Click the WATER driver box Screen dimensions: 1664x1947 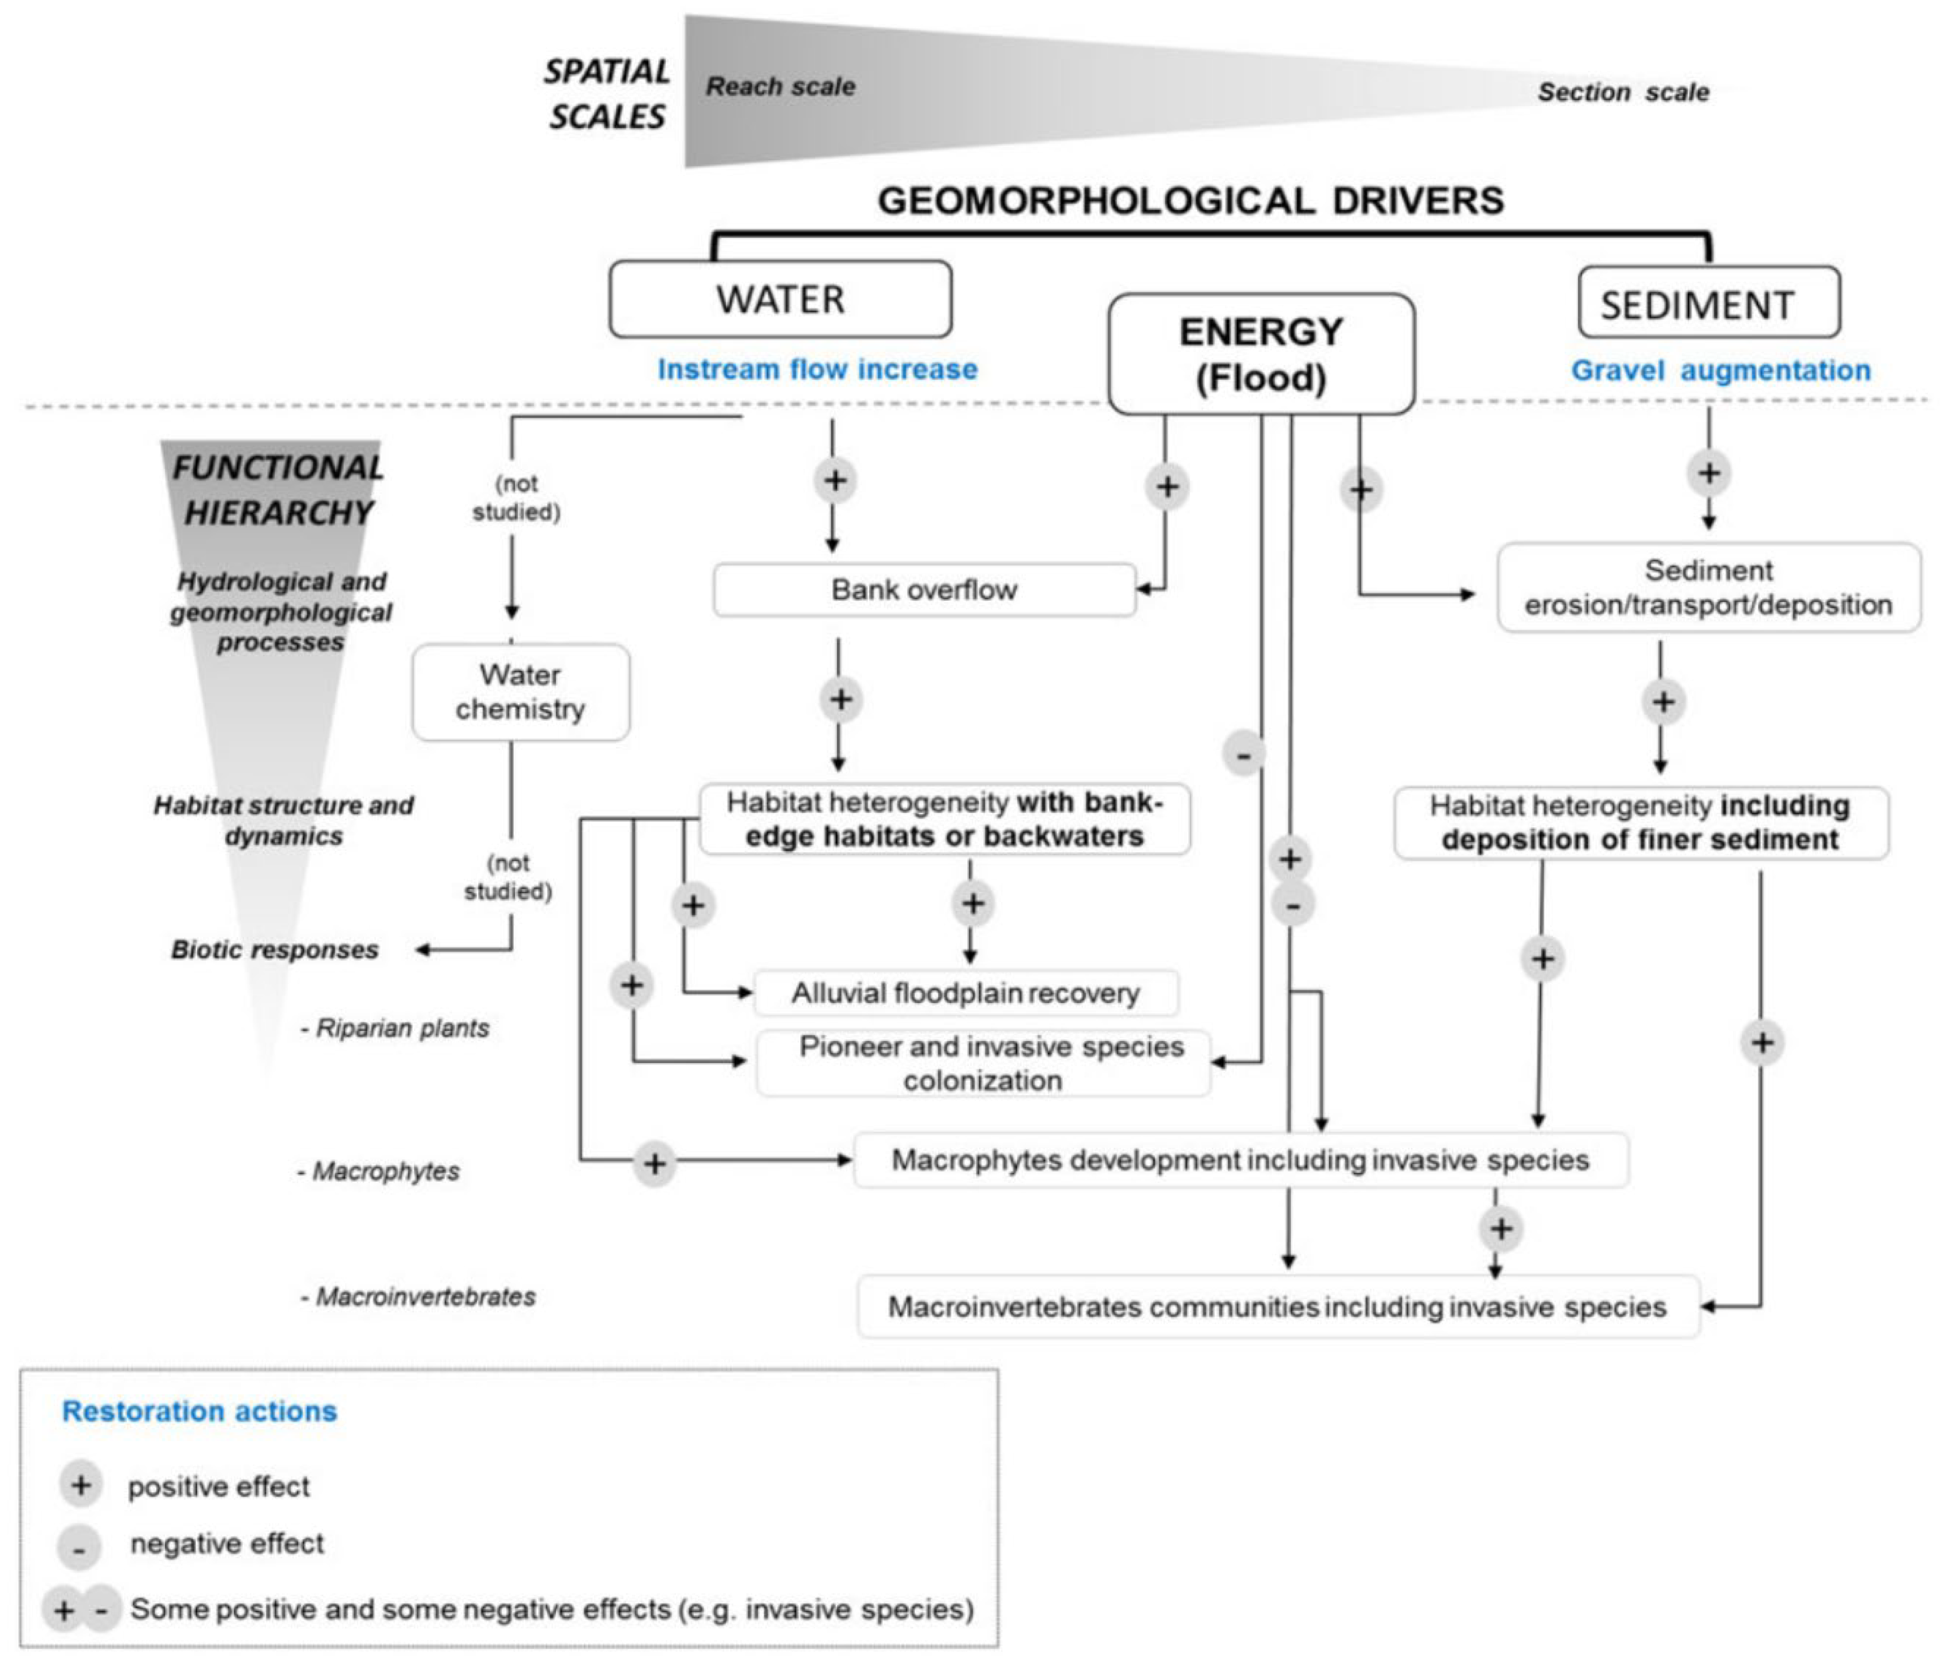pyautogui.click(x=780, y=299)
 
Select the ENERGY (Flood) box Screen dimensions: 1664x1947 pyautogui.click(x=1261, y=354)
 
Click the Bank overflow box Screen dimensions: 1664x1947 pyautogui.click(x=924, y=590)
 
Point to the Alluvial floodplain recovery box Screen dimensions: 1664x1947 pyautogui.click(x=965, y=993)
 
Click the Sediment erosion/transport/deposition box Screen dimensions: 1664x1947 pyautogui.click(x=1708, y=587)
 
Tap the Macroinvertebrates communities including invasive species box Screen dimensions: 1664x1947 pyautogui.click(x=1278, y=1307)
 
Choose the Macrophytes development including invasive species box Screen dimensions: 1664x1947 pyautogui.click(x=1241, y=1161)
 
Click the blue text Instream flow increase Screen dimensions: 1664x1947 pyautogui.click(x=817, y=369)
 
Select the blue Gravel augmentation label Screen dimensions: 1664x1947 pyautogui.click(x=1720, y=370)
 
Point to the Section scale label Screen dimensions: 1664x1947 pyautogui.click(x=1623, y=92)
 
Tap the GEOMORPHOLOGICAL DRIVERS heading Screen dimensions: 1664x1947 pyautogui.click(x=1191, y=201)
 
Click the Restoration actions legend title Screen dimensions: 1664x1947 pyautogui.click(x=199, y=1411)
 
